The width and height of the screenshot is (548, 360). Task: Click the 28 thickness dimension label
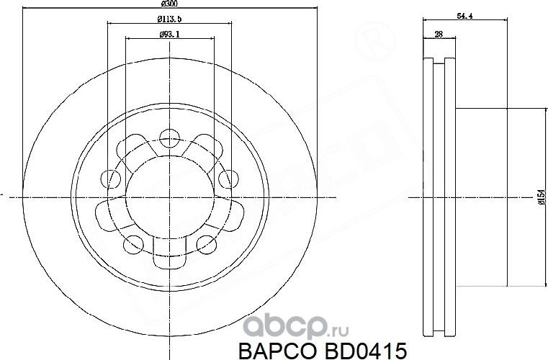[438, 34]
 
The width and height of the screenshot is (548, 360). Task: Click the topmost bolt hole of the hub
[169, 137]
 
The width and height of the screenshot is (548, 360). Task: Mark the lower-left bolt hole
[134, 244]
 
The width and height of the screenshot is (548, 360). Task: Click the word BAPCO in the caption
[269, 349]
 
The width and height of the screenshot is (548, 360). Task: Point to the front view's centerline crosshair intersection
[169, 194]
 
